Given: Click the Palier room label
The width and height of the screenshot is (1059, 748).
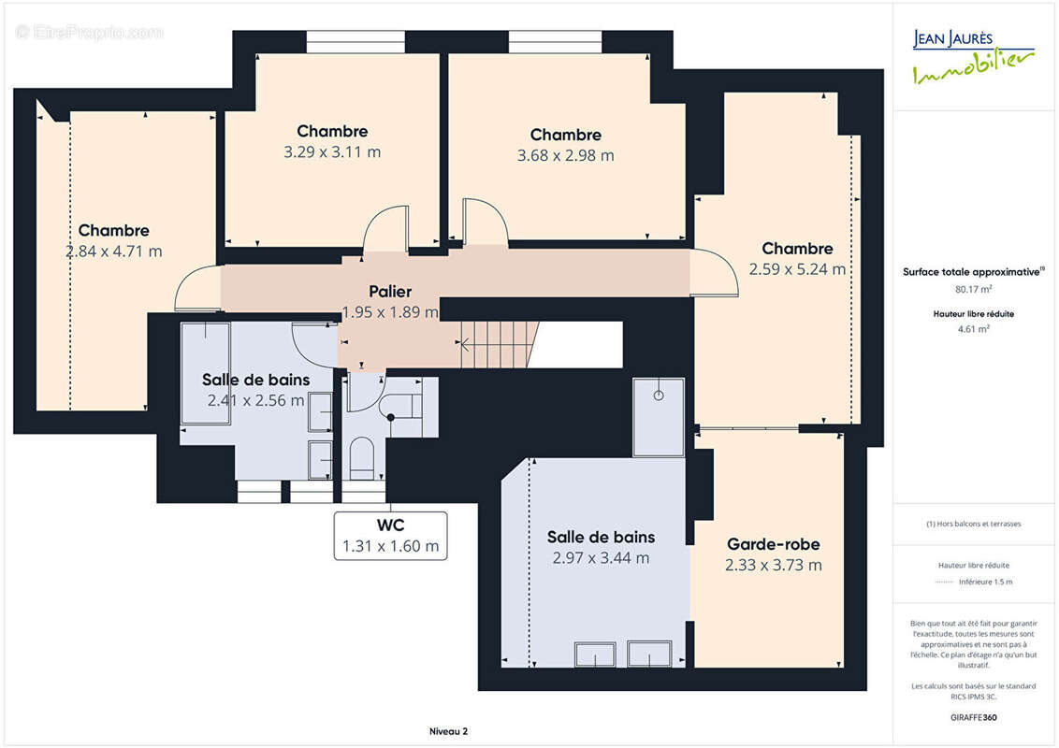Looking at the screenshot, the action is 390,291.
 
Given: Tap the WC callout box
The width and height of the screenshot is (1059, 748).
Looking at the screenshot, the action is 390,536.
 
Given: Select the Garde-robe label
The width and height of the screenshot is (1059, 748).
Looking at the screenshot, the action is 774,544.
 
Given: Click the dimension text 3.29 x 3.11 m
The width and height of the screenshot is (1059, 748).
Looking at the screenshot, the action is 332,151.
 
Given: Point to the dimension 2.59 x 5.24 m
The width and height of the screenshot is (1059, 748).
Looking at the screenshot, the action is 797,269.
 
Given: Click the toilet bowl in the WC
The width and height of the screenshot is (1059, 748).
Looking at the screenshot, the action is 362,458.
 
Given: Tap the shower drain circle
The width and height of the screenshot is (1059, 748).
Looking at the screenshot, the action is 659,396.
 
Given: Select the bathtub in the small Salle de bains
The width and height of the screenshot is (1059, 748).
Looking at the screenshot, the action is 205,373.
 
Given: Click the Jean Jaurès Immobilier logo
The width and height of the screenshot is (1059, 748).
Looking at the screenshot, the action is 973,57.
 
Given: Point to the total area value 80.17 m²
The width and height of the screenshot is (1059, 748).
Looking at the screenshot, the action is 973,289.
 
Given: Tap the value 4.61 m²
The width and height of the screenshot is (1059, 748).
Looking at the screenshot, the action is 973,329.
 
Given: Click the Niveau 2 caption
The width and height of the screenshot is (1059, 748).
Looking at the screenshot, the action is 448,731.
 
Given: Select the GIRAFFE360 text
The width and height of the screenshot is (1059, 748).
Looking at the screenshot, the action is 973,717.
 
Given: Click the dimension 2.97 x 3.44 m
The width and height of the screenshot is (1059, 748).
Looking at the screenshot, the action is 601,558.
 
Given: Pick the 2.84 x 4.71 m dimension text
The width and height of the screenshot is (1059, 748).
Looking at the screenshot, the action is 113,252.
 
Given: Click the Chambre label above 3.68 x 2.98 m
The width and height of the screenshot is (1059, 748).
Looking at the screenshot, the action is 565,135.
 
